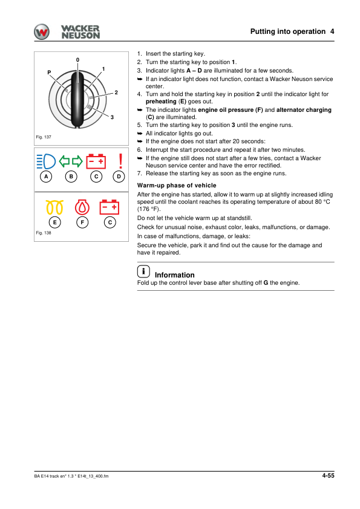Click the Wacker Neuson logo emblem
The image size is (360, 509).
(43, 32)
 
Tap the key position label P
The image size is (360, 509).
(49, 73)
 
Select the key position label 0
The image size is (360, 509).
(78, 59)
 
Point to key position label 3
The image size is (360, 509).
(113, 116)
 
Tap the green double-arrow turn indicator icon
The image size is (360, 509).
(72, 161)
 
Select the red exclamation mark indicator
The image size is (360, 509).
(120, 161)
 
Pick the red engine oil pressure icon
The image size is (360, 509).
(82, 206)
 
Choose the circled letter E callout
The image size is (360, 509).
(55, 222)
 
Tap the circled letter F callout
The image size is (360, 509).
(82, 222)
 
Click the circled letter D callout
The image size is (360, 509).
(120, 177)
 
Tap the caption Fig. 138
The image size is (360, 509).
(44, 233)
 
